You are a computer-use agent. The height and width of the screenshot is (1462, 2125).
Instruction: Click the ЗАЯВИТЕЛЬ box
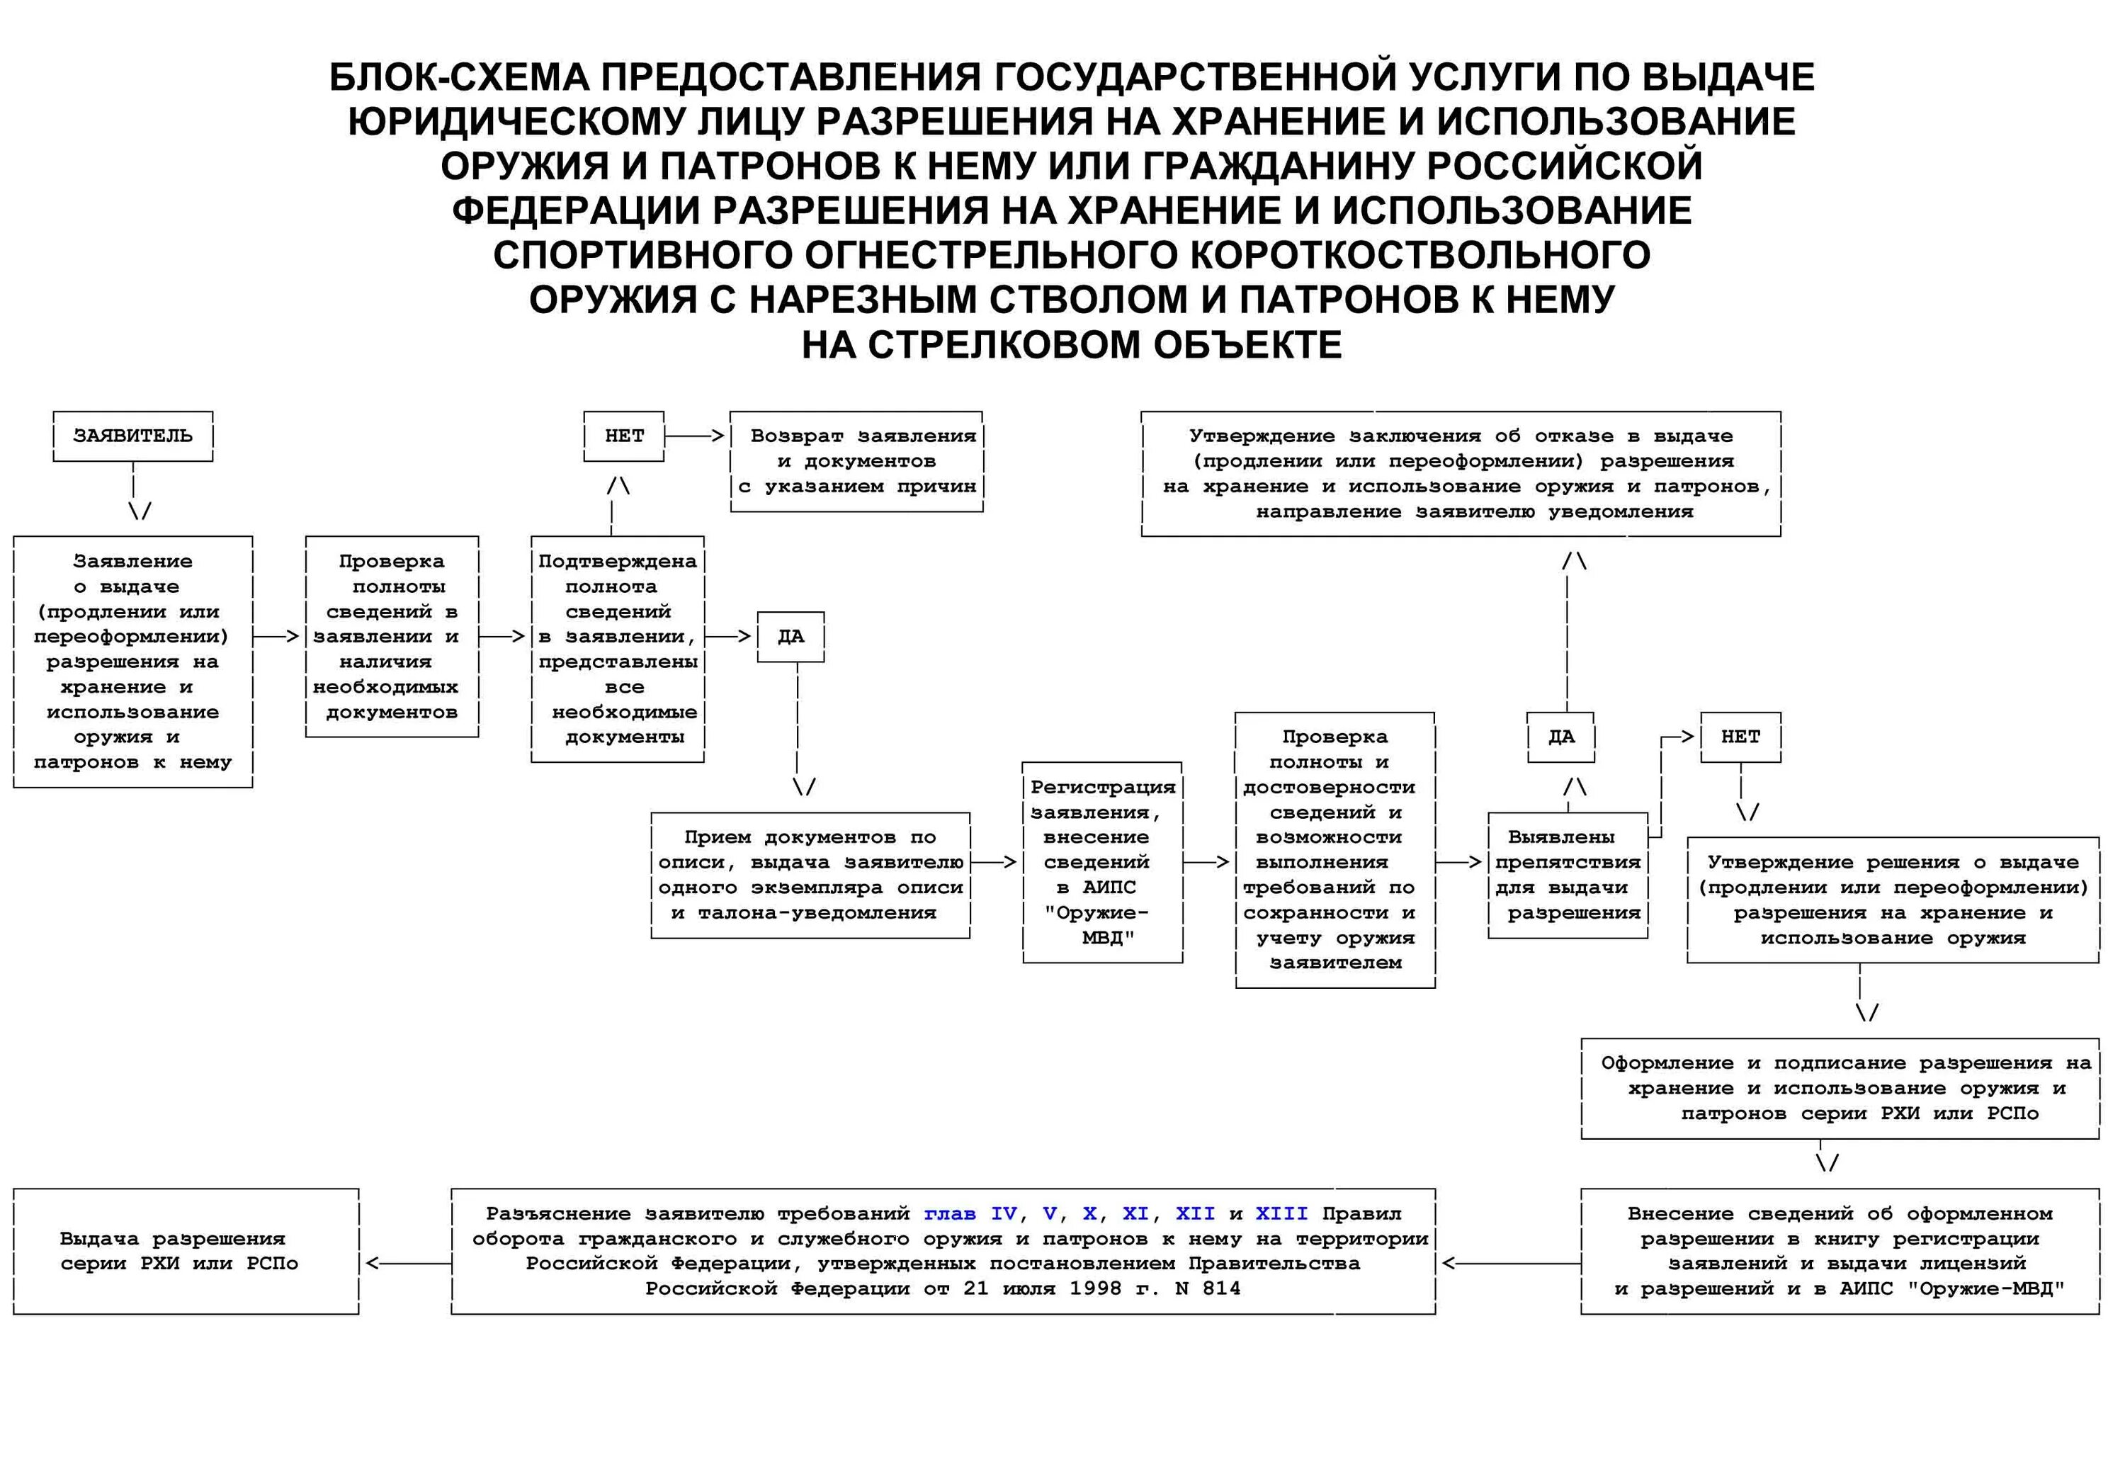point(133,436)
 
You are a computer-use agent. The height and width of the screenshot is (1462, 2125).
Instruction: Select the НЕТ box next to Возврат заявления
point(624,436)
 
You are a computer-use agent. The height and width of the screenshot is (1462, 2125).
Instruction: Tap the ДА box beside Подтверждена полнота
point(790,637)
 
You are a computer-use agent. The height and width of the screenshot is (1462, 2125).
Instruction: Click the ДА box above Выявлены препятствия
point(1560,737)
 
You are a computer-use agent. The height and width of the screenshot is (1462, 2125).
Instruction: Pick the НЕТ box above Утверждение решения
point(1740,737)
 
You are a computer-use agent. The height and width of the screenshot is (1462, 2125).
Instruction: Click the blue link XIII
point(1281,1214)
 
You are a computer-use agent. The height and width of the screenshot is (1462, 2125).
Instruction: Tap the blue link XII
point(1196,1214)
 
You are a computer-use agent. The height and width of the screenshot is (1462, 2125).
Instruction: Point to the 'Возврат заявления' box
point(856,460)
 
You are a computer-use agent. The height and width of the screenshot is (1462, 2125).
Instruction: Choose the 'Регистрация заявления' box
point(1102,862)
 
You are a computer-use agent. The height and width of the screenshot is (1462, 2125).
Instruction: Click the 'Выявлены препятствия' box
point(1567,875)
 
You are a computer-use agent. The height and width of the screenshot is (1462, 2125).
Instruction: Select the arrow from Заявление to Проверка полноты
point(278,637)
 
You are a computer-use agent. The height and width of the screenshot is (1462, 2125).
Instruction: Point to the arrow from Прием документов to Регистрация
point(994,862)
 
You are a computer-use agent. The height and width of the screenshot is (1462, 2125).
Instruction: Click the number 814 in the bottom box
point(1221,1289)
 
